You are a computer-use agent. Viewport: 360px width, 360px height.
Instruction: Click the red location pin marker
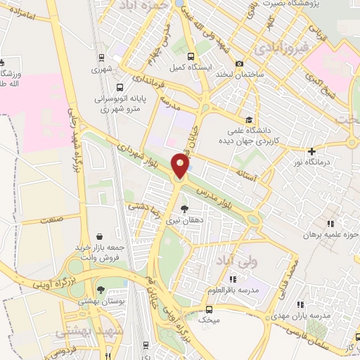click(181, 166)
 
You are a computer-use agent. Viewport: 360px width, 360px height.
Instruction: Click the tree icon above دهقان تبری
click(184, 209)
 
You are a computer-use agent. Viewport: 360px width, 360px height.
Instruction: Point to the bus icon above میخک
click(208, 309)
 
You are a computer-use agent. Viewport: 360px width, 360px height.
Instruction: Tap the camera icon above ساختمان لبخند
click(240, 64)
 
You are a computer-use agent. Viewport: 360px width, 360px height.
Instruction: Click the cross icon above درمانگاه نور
click(311, 151)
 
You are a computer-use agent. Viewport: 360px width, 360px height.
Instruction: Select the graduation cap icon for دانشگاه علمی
click(247, 120)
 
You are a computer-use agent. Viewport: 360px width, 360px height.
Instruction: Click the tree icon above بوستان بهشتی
click(101, 290)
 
